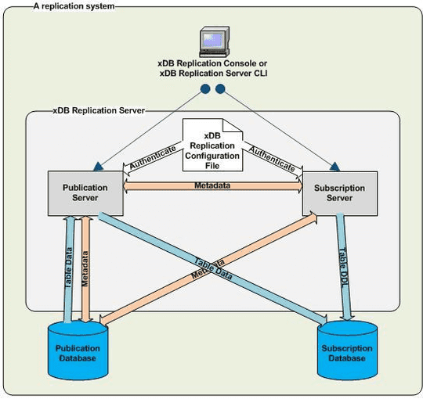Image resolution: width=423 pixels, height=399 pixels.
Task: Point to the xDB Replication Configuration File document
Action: [x=211, y=145]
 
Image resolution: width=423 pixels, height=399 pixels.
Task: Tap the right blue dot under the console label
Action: [x=220, y=88]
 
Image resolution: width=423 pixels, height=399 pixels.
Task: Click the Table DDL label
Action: [x=343, y=266]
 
